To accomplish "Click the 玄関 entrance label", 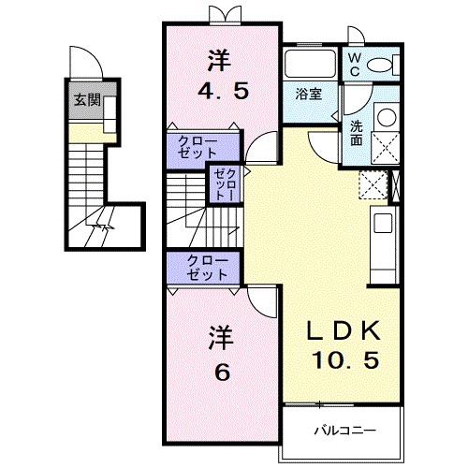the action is pos(87,100).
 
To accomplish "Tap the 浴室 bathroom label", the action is pos(309,94).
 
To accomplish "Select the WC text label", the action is pos(355,65).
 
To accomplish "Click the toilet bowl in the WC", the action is pos(379,66).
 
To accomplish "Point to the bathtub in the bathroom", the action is pos(311,63).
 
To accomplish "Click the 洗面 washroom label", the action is pos(356,133).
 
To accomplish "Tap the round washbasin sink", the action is pos(387,117).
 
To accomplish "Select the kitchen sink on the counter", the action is pos(383,223).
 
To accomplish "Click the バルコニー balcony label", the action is pos(344,431).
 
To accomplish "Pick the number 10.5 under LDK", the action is pos(346,359).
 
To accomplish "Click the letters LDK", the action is pos(344,330).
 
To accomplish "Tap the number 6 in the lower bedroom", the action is pos(223,372).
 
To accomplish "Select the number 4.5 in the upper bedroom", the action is pos(224,91).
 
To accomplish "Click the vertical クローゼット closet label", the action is pos(226,184).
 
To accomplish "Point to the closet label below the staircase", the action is pos(207,268).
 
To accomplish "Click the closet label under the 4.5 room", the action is pos(197,148).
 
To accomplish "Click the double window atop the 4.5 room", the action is pos(226,15).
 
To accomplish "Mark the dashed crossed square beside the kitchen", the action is pos(373,184).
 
